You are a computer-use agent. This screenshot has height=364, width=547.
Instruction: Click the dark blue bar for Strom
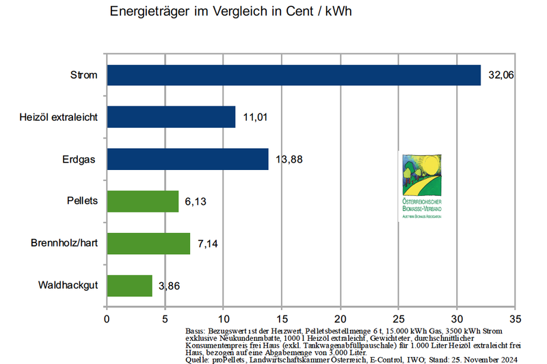294,75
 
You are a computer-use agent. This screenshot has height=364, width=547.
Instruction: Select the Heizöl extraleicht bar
171,117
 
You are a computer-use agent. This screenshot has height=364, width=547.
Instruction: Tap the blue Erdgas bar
187,160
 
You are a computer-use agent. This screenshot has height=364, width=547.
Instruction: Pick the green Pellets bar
142,201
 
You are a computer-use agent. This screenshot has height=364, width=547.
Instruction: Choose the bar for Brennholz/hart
148,244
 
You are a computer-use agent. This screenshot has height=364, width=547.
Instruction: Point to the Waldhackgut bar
129,286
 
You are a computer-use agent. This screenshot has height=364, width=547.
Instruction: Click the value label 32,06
501,75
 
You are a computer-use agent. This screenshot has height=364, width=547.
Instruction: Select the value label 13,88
289,160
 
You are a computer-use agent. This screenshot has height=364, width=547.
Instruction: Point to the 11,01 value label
256,117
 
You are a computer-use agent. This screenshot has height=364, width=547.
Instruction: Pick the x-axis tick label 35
516,318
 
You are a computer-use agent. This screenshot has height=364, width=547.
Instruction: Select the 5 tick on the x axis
165,318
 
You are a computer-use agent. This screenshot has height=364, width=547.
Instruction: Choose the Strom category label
84,75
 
